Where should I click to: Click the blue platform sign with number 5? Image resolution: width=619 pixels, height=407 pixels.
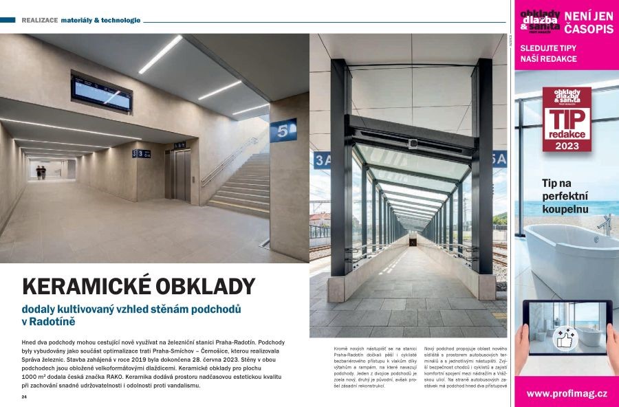point(283,129)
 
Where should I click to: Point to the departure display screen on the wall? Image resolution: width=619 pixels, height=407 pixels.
point(102,95)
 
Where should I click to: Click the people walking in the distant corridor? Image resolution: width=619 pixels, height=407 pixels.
point(41,173)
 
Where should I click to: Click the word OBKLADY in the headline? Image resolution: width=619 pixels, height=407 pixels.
point(207,286)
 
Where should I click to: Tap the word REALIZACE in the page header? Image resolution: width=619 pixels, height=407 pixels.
point(39,20)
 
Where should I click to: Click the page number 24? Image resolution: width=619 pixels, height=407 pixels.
point(24,397)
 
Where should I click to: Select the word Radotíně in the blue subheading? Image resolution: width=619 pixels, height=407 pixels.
point(56,322)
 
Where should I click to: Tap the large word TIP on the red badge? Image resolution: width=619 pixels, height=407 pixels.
point(567,121)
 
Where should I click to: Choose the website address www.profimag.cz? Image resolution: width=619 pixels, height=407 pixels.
point(567,393)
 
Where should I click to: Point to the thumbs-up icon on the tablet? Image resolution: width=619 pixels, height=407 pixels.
point(565,338)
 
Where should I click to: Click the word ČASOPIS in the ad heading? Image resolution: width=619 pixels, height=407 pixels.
point(589,30)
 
